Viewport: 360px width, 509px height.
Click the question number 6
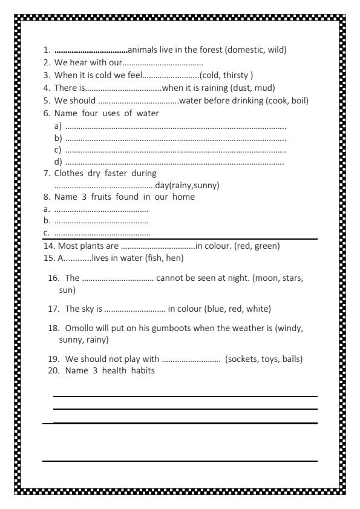pyautogui.click(x=47, y=113)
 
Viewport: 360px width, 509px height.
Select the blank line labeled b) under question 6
pyautogui.click(x=175, y=139)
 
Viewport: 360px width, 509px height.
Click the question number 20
pyautogui.click(x=54, y=371)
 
